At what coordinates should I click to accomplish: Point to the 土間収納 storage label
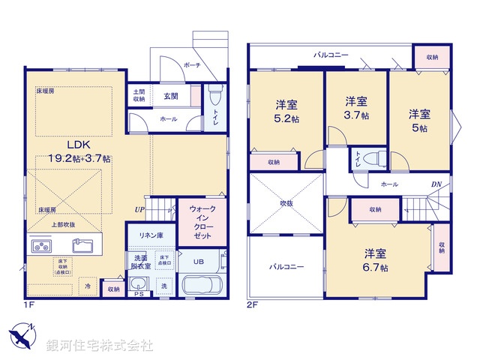tap(139, 94)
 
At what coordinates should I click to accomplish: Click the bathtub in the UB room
tap(199, 286)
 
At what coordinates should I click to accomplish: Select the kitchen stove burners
tap(42, 246)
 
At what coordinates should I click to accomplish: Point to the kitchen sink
tap(82, 246)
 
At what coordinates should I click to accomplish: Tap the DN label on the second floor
tap(435, 184)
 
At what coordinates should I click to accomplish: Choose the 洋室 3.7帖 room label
tap(355, 108)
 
